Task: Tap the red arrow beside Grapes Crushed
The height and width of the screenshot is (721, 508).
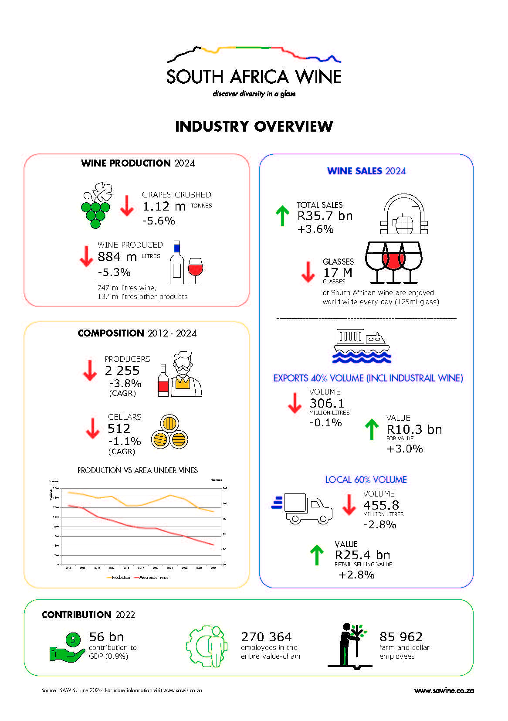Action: pos(127,206)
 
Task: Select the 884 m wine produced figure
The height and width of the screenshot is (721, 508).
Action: pos(117,257)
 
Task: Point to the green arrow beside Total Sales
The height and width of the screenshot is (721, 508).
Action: pos(282,216)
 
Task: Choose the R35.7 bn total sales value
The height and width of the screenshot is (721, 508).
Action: pos(325,216)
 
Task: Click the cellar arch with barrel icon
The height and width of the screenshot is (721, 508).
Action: pos(404,214)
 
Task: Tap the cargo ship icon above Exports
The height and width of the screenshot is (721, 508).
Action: pos(362,346)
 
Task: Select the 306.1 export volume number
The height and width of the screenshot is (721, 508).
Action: pos(327,403)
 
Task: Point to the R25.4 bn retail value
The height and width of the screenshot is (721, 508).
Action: pos(362,555)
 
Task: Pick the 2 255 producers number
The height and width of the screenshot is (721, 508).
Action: pos(122,371)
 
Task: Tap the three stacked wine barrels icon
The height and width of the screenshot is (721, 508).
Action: pos(169,433)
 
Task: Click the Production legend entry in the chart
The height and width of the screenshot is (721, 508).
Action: pos(119,577)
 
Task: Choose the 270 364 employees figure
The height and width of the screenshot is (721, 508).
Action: pos(266,637)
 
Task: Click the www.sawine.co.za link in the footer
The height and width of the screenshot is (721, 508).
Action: pos(444,690)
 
